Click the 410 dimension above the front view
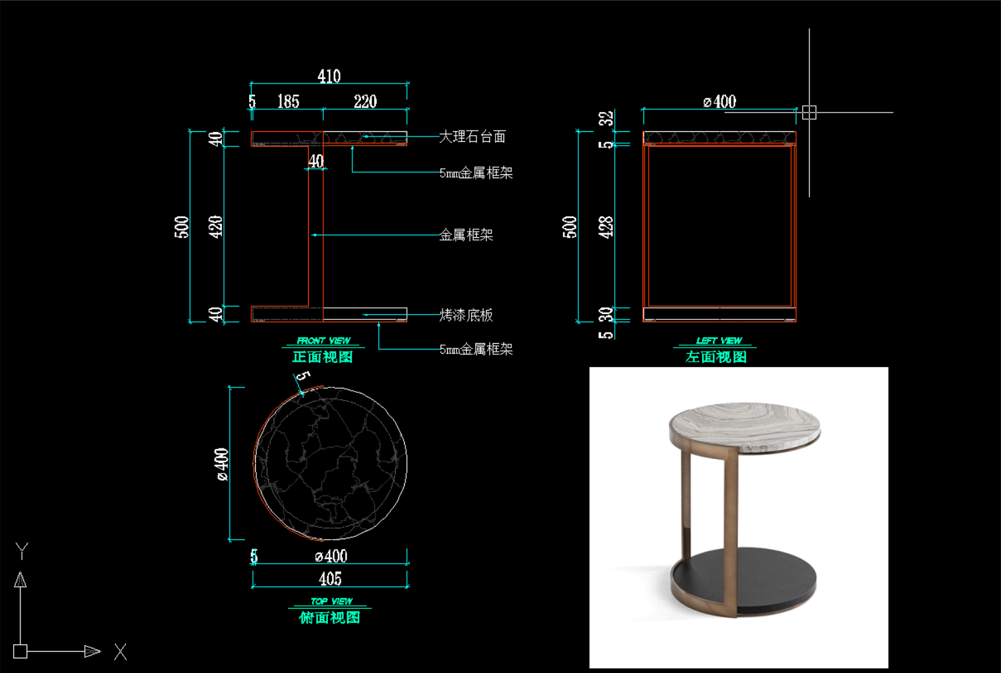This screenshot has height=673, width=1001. coord(329,76)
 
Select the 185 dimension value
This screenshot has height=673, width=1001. coord(288,101)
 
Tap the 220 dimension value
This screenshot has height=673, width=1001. coord(366,101)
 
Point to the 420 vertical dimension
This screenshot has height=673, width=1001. coord(215,227)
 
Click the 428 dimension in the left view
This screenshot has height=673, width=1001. coord(606,227)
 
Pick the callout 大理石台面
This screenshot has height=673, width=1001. coord(472,136)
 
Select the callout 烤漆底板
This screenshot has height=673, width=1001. coord(466,315)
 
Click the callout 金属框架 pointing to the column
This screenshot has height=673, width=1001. coord(466,235)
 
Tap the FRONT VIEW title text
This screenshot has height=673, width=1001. coord(323,340)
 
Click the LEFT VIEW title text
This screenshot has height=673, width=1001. coord(719,340)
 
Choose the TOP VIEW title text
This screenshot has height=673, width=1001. coord(332,601)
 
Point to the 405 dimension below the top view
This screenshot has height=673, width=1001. coord(330,579)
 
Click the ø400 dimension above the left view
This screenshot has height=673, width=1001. coord(719,102)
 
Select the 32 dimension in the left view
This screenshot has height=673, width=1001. coord(606,119)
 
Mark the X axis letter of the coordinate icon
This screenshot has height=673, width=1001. coord(120,652)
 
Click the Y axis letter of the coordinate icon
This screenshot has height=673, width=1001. coord(22,551)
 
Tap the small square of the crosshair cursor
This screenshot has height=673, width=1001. coord(810,113)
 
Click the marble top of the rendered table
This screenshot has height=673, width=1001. coord(745,426)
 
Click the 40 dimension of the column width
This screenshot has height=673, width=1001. coord(316,162)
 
